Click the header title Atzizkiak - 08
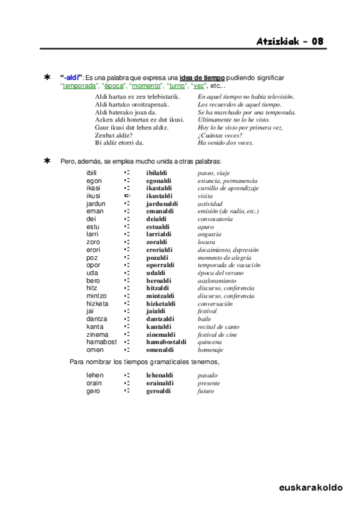pyautogui.click(x=290, y=41)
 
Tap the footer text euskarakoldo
pyautogui.click(x=311, y=488)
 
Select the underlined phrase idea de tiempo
pyautogui.click(x=202, y=78)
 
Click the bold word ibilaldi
pyautogui.click(x=157, y=173)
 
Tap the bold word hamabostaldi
pyautogui.click(x=166, y=342)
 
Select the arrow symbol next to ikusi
pyautogui.click(x=127, y=196)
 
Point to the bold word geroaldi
pyautogui.click(x=159, y=391)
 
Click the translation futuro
pyautogui.click(x=206, y=391)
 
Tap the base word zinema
pyautogui.click(x=97, y=334)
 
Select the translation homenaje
pyautogui.click(x=210, y=350)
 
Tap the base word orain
pyautogui.click(x=94, y=383)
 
